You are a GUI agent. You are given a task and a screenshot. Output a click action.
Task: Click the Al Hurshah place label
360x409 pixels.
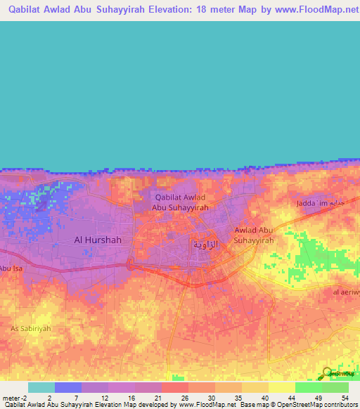98,240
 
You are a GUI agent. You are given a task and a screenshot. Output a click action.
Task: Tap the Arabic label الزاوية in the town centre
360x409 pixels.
205,244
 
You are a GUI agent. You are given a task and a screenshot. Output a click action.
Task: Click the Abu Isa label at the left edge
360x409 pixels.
11,268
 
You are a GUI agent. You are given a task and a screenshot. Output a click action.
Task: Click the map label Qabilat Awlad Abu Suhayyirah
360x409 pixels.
181,202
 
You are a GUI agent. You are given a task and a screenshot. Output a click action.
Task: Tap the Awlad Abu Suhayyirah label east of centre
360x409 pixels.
254,235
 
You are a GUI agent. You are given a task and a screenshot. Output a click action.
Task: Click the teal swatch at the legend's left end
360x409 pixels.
41,387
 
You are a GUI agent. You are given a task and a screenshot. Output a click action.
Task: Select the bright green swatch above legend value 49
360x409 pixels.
308,387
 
